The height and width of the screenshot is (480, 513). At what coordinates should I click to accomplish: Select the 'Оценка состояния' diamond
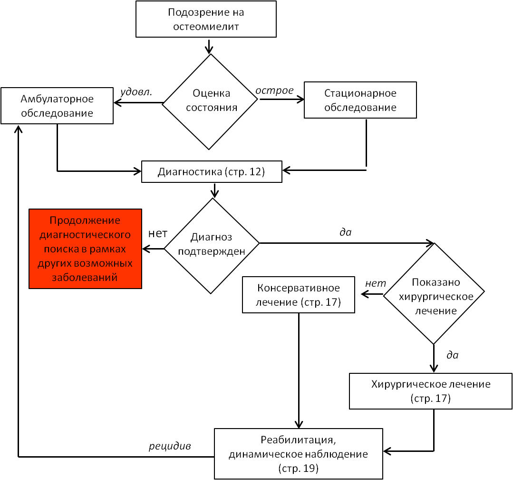click(x=210, y=100)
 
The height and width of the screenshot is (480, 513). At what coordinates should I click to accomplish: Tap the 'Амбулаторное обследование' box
click(x=57, y=106)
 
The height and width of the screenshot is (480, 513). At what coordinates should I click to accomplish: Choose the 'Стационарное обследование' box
click(x=360, y=100)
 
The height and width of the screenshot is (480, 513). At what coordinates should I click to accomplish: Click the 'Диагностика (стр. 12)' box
click(x=212, y=172)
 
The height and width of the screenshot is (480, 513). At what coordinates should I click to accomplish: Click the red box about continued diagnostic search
click(x=86, y=249)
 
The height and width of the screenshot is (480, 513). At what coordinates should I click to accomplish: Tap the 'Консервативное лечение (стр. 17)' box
click(x=299, y=295)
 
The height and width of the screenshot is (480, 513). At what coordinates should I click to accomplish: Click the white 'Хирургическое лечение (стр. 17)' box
click(x=431, y=390)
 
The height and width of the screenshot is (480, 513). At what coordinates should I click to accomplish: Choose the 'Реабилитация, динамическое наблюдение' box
click(x=298, y=454)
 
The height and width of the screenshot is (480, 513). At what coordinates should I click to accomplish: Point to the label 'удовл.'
click(x=136, y=92)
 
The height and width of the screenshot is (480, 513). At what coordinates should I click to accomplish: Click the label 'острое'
click(x=274, y=90)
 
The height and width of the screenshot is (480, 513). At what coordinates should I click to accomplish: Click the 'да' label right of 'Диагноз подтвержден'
click(x=345, y=232)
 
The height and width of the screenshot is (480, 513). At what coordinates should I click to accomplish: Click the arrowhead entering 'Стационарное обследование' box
click(x=300, y=100)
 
